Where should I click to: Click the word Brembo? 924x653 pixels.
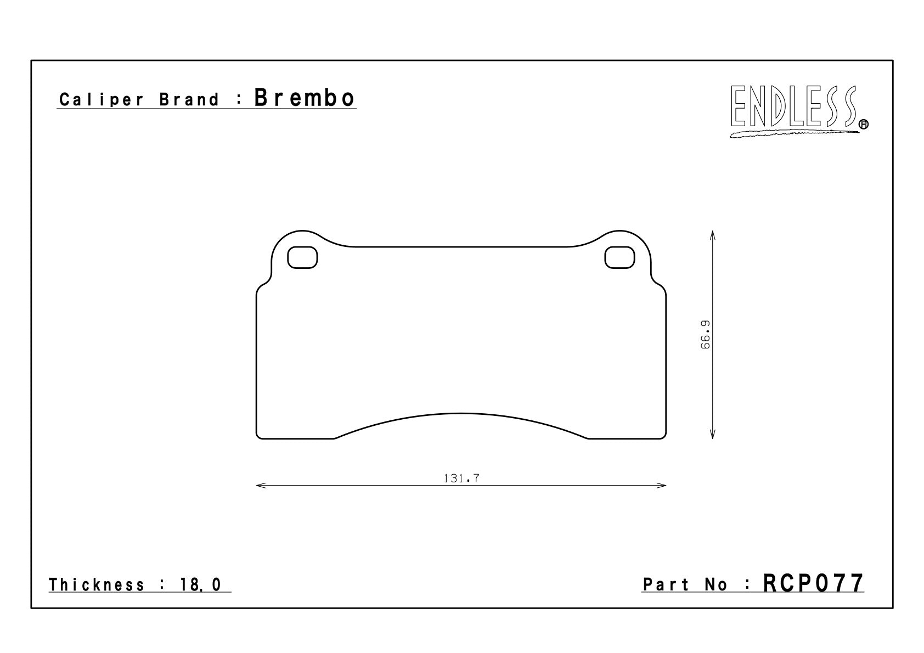click(304, 98)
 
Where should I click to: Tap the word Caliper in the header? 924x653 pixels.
click(102, 100)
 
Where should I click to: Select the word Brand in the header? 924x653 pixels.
click(189, 100)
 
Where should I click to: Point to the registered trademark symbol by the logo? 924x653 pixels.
click(863, 124)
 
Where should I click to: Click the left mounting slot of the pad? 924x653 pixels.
click(302, 257)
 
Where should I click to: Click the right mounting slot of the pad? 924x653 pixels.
click(619, 257)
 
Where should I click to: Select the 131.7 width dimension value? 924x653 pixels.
click(461, 479)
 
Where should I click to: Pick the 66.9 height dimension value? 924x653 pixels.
click(706, 335)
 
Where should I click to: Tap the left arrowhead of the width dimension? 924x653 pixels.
click(261, 486)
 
